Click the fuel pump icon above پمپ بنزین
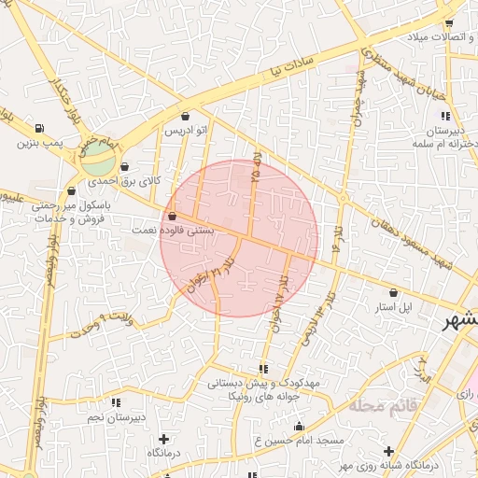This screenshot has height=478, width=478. [x=38, y=129]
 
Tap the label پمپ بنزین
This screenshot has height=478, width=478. [x=38, y=144]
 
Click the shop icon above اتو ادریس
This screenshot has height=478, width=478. [x=185, y=117]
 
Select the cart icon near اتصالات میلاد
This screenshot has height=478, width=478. [x=448, y=23]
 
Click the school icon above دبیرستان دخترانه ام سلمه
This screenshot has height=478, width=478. [x=445, y=117]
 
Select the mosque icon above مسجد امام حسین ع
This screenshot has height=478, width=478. [x=299, y=426]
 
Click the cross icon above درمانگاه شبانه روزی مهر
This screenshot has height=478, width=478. [x=388, y=451]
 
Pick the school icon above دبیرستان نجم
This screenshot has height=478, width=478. [x=115, y=402]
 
